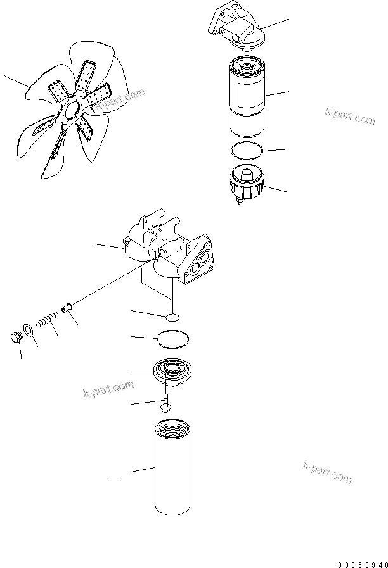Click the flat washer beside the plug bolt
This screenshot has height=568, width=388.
point(28,330)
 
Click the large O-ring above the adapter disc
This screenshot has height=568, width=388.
point(172,339)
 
